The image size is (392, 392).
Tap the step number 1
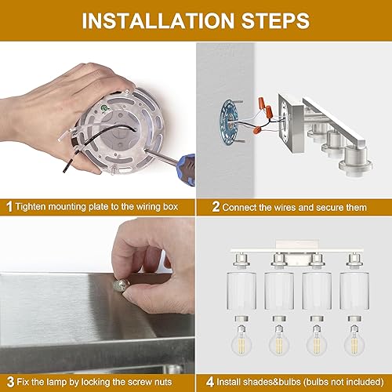[x=9, y=208]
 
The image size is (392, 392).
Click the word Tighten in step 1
[x=34, y=208]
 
